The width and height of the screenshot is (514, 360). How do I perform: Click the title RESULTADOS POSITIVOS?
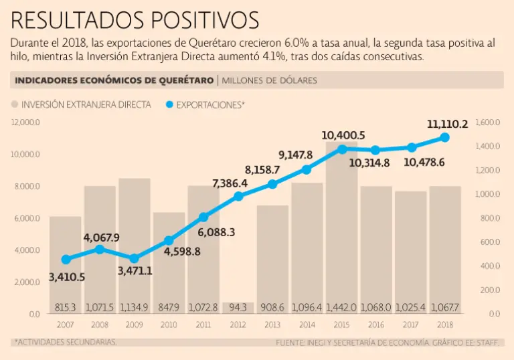point(135,19)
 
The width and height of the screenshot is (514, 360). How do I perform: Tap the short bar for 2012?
point(238,308)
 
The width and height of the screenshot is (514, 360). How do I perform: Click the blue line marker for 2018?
point(444,137)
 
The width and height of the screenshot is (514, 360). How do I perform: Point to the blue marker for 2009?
point(135,258)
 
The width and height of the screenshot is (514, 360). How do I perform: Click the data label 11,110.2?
point(447,124)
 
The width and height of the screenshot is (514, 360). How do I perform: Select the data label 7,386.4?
point(230,183)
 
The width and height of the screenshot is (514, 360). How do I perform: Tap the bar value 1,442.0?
point(341,308)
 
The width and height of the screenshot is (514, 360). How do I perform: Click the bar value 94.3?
point(238,308)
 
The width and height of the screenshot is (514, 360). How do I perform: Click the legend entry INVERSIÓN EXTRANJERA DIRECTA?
point(81,105)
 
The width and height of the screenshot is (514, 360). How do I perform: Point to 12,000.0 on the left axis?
point(26,122)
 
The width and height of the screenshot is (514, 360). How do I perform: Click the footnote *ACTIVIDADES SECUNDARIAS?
point(65,342)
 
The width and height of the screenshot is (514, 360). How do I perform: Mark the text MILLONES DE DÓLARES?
point(269,81)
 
